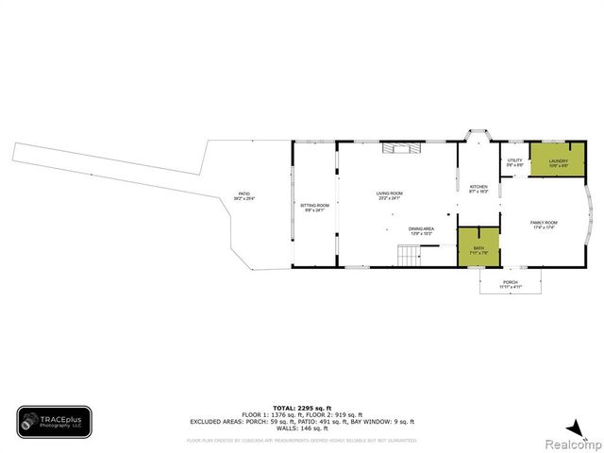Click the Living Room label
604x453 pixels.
pos(390,196)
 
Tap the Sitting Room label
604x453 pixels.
pos(314,207)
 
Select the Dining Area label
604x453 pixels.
pos(421,230)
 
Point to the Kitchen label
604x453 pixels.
pos(478,189)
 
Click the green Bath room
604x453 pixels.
pos(478,247)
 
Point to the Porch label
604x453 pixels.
pos(510,283)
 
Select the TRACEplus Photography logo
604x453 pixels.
pos(54,422)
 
